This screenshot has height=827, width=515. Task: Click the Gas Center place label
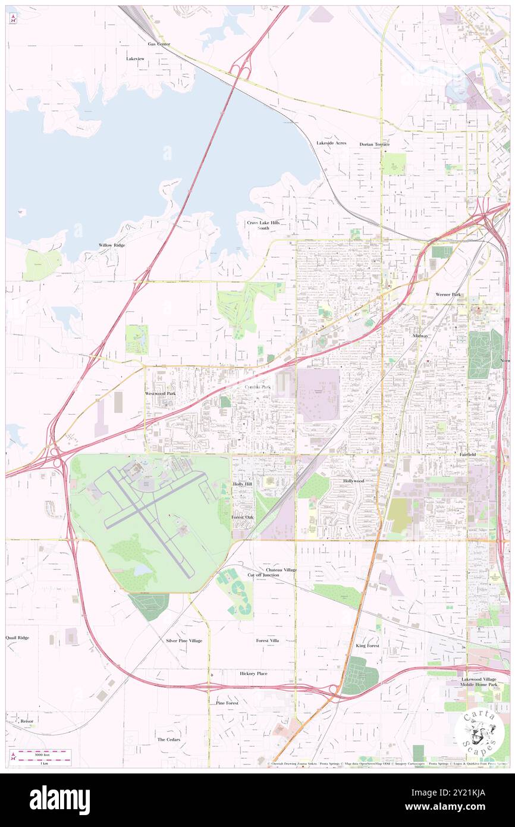click(x=159, y=44)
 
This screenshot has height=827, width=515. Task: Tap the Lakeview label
click(x=135, y=59)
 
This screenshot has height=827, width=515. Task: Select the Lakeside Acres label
click(x=331, y=143)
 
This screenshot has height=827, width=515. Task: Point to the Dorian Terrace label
click(x=374, y=145)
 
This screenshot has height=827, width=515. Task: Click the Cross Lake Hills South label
click(x=263, y=225)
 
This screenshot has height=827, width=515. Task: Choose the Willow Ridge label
click(x=112, y=245)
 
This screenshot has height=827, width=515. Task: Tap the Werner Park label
click(x=448, y=295)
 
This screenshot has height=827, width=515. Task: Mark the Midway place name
click(x=420, y=336)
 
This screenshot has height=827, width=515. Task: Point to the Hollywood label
click(x=353, y=481)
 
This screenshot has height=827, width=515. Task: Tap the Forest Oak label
click(x=243, y=518)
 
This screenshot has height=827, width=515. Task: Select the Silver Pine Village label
click(x=184, y=641)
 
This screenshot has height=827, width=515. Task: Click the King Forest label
click(x=368, y=646)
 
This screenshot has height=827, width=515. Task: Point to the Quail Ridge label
click(x=17, y=637)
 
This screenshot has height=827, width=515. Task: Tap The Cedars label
click(x=168, y=740)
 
